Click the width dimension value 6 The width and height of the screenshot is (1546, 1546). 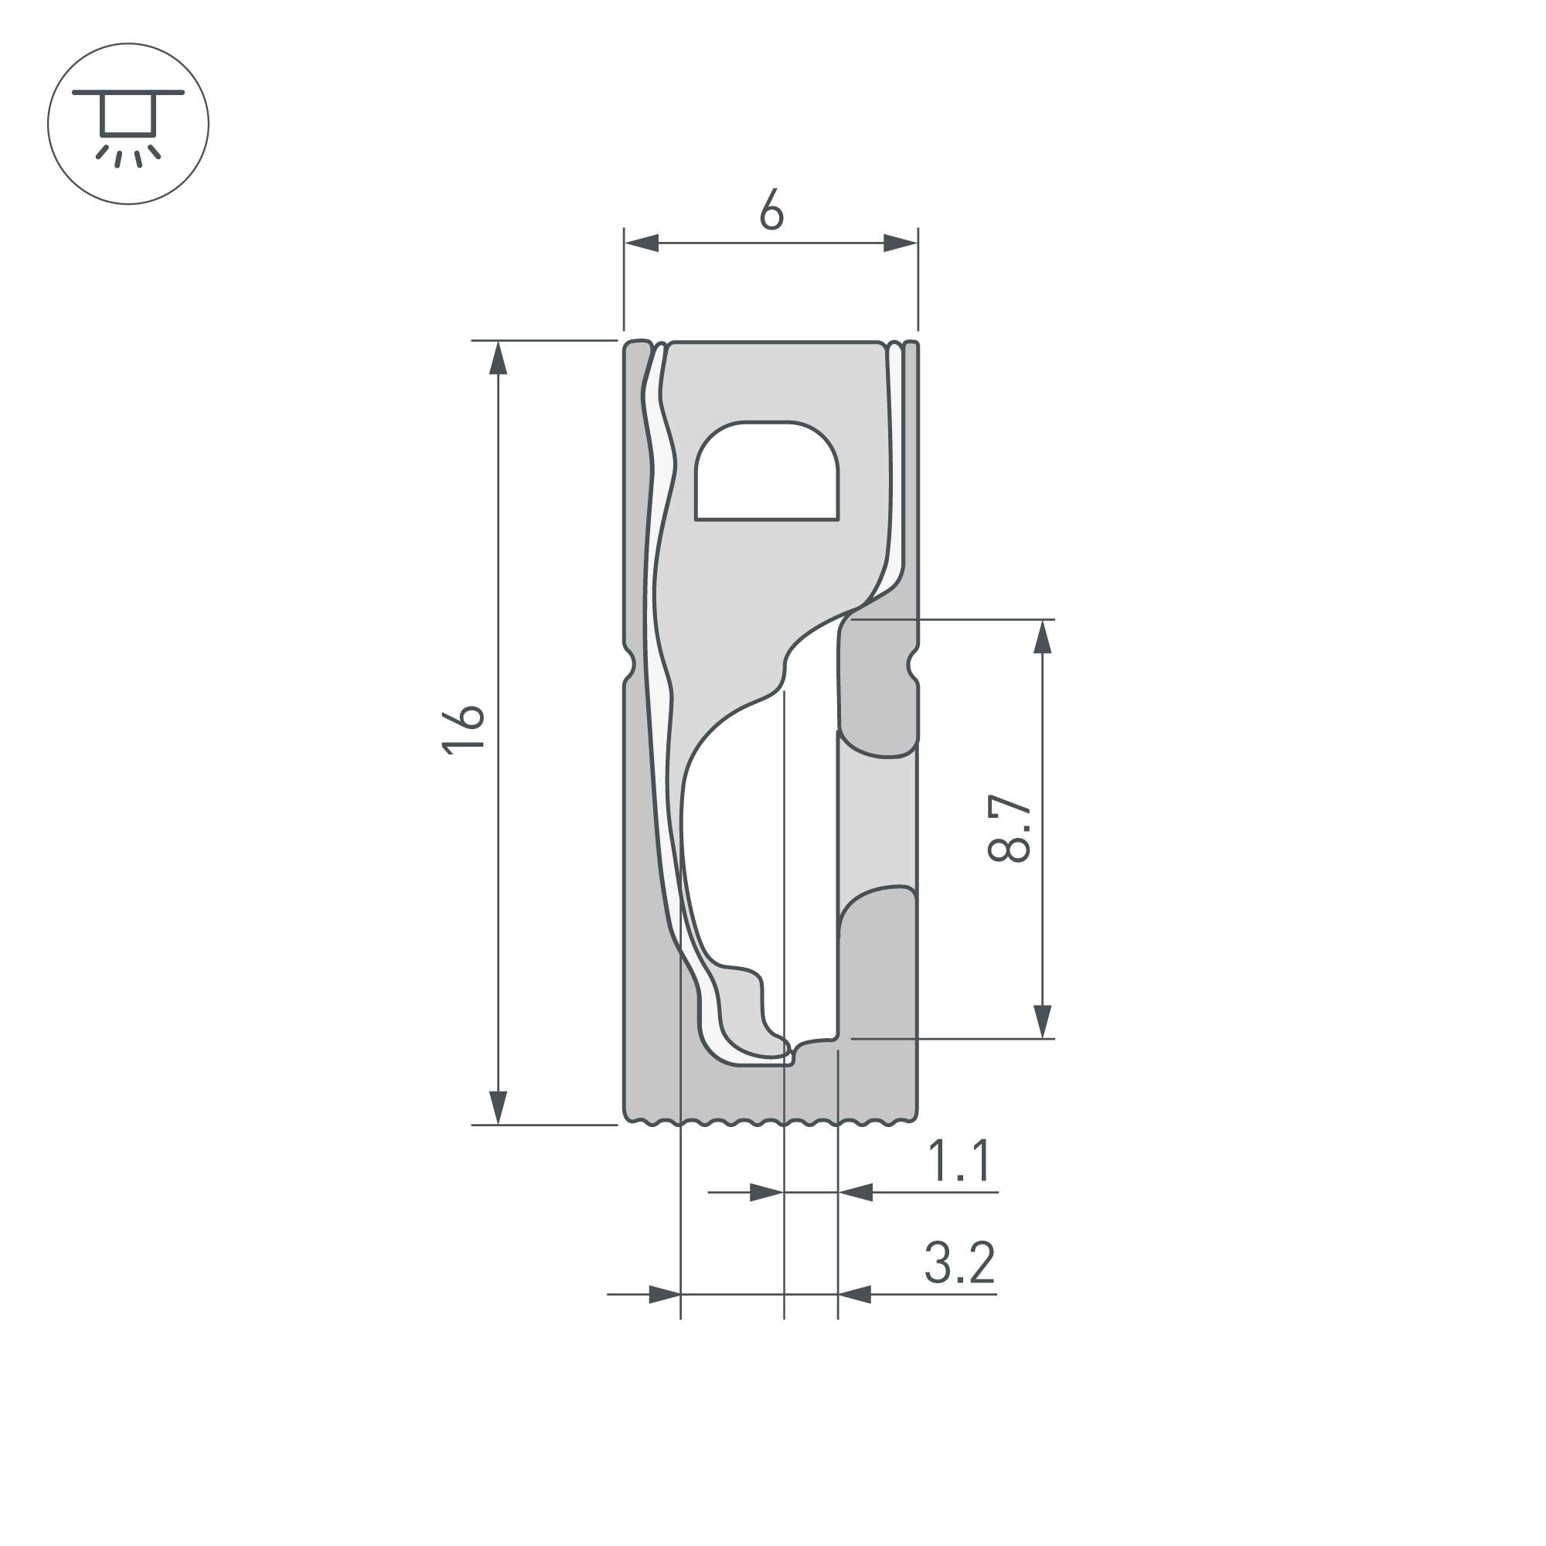coord(771,209)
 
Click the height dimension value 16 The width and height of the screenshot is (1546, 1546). coord(463,729)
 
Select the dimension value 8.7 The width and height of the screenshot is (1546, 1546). coord(1009,828)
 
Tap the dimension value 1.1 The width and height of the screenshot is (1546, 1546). coord(959,1160)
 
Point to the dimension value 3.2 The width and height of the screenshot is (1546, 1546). coord(959,1262)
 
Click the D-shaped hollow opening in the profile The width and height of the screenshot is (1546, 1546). coord(767,472)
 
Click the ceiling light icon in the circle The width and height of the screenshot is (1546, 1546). coord(128,124)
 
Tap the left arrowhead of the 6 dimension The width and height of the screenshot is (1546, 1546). coord(642,243)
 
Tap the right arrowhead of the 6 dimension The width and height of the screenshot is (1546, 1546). coord(901,243)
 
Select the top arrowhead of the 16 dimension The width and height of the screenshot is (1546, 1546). coord(499,358)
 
